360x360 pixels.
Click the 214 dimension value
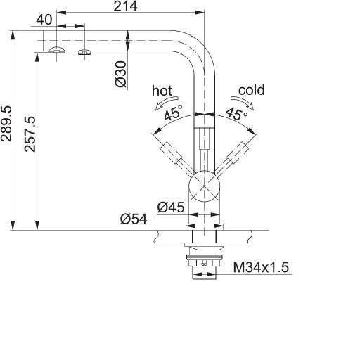click(125, 6)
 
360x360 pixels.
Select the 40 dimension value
click(44, 20)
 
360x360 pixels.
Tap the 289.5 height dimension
click(6, 124)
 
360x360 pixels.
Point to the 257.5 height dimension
click(30, 134)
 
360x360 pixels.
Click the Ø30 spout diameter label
click(121, 74)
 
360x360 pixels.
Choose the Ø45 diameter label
click(171, 207)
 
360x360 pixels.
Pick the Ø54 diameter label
click(134, 219)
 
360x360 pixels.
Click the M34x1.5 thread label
click(261, 267)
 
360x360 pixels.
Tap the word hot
click(162, 91)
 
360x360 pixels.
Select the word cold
click(252, 90)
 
